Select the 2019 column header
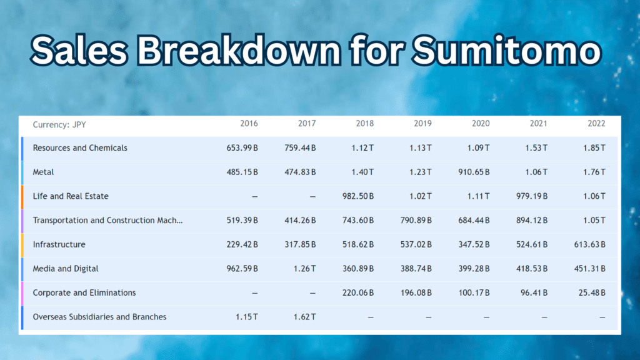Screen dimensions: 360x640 pos(422,124)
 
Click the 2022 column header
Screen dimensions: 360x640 pos(596,124)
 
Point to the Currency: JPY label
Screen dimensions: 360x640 pos(59,124)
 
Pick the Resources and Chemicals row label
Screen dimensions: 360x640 pos(80,148)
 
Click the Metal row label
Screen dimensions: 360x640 pos(44,172)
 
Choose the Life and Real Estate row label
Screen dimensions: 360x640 pos(71,196)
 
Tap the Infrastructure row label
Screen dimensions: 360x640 pos(59,244)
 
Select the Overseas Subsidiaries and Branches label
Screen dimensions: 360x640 pos(100,317)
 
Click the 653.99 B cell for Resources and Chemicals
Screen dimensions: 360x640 pos(242,148)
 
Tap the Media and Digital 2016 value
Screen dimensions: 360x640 pos(242,269)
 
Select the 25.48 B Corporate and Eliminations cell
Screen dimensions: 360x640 pos(592,292)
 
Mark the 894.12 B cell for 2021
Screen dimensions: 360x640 pos(531,220)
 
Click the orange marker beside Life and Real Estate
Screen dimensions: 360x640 pos(22,196)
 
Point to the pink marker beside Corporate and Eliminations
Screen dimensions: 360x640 pos(22,292)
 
